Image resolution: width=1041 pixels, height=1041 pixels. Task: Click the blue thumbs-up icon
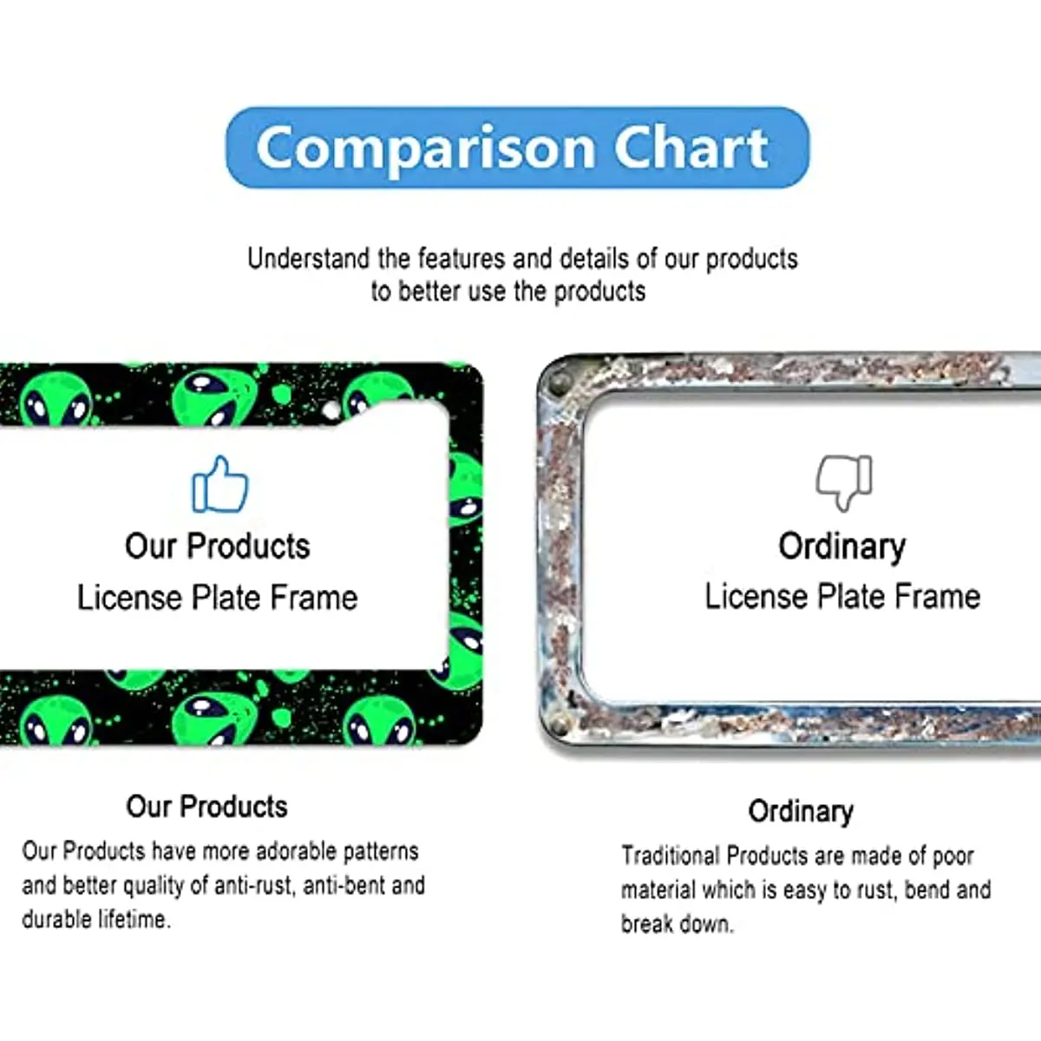click(220, 485)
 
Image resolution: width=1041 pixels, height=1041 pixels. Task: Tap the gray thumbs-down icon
click(844, 482)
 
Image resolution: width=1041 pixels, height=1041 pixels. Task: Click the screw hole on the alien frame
click(331, 409)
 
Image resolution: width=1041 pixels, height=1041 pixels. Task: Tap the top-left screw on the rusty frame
click(556, 384)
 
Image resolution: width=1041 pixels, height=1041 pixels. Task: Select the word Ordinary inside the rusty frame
click(842, 547)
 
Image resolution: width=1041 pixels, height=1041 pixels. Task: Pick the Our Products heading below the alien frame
click(207, 807)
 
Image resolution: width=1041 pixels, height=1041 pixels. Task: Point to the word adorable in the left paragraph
click(296, 851)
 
